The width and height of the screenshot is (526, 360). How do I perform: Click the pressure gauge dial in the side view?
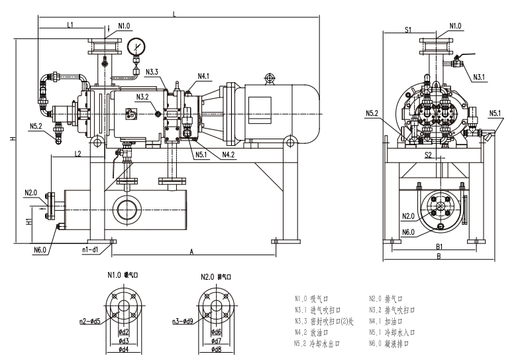[137, 46]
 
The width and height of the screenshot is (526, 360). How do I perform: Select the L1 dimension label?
[71, 25]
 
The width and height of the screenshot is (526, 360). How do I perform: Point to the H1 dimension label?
[28, 219]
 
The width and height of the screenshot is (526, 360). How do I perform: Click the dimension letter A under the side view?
[191, 252]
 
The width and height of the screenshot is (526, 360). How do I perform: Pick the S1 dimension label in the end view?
[409, 29]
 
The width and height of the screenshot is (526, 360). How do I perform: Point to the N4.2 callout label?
[229, 154]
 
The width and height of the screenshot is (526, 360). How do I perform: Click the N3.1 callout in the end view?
[480, 77]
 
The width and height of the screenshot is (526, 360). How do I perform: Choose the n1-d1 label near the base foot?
[90, 250]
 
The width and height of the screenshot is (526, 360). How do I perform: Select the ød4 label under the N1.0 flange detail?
[124, 349]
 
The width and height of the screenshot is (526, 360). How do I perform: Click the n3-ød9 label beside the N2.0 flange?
[182, 322]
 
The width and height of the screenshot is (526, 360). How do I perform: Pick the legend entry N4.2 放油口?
[317, 333]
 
